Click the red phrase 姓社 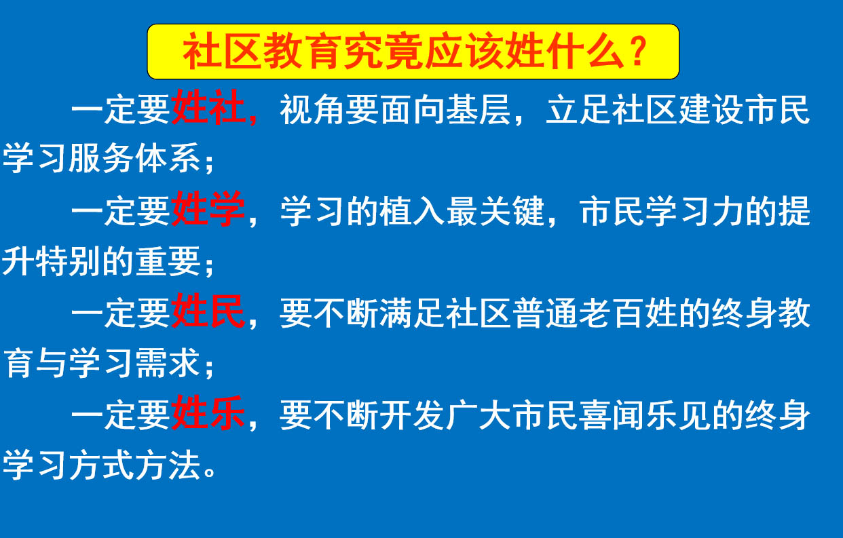pos(208,108)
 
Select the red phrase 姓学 pos(208,209)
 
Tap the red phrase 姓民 pos(208,311)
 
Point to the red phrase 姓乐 pos(208,413)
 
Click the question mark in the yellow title pos(639,52)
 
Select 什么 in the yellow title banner pos(586,52)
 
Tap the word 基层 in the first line pos(479,109)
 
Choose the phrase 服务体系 pos(134,158)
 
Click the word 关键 pos(512,211)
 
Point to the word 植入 pos(412,211)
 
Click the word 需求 pos(168,363)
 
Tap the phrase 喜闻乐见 pos(629,415)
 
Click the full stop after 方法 pos(209,473)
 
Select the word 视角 pos(312,109)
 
